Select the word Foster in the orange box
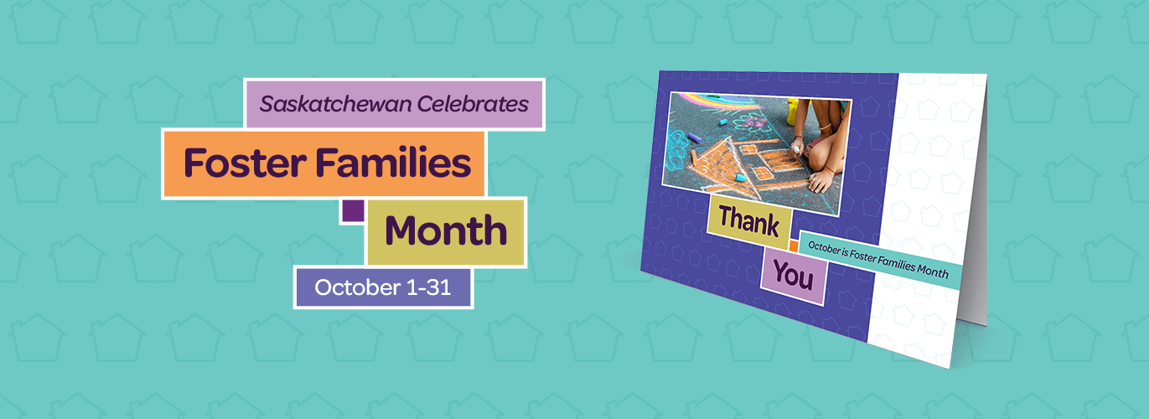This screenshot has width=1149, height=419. click(x=242, y=163)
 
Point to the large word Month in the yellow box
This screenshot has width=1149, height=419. click(x=446, y=231)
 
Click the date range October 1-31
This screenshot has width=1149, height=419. click(x=383, y=288)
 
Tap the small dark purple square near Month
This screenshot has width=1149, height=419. click(x=353, y=210)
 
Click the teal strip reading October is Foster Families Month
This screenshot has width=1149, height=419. click(x=874, y=260)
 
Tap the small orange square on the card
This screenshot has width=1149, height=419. click(x=793, y=246)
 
